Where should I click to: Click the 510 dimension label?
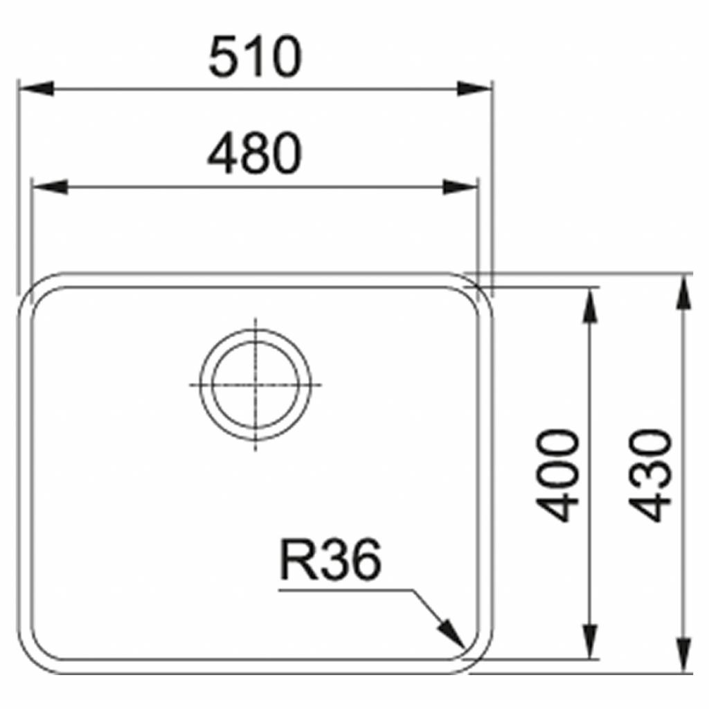255,58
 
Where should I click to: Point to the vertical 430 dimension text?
654,475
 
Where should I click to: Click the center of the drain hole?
255,384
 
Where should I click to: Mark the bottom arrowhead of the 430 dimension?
684,656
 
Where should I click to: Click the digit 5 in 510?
223,58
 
